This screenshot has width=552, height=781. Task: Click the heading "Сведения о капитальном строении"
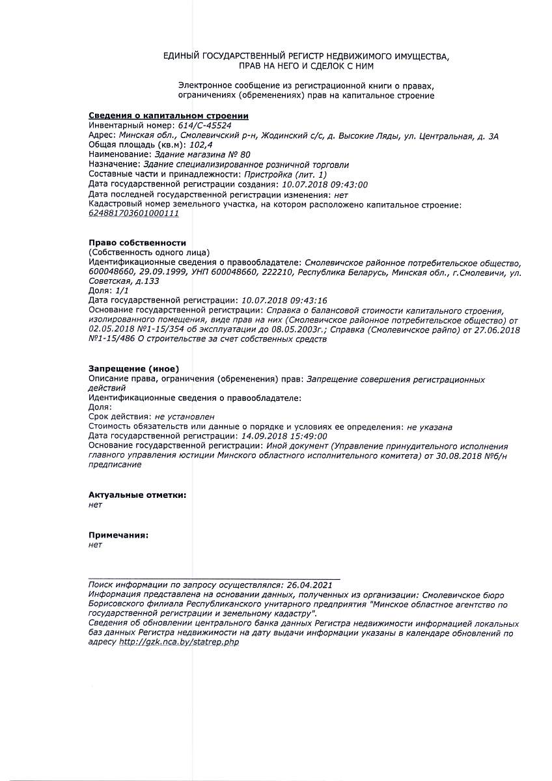click(x=169, y=116)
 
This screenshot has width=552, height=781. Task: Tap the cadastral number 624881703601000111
click(x=133, y=213)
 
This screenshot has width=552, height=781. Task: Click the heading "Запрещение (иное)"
click(x=133, y=369)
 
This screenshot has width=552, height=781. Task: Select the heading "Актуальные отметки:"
click(x=137, y=495)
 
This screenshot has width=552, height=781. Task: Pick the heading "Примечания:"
click(x=118, y=535)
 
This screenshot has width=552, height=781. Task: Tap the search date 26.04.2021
click(x=310, y=585)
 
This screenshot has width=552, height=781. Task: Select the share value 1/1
click(x=121, y=291)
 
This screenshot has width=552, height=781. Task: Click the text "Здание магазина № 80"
click(x=201, y=155)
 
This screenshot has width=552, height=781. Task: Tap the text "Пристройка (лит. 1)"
click(x=286, y=174)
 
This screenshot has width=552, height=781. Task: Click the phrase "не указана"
click(x=430, y=427)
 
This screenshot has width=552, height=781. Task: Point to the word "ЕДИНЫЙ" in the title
click(x=184, y=57)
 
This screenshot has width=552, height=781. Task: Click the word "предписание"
click(x=115, y=465)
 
